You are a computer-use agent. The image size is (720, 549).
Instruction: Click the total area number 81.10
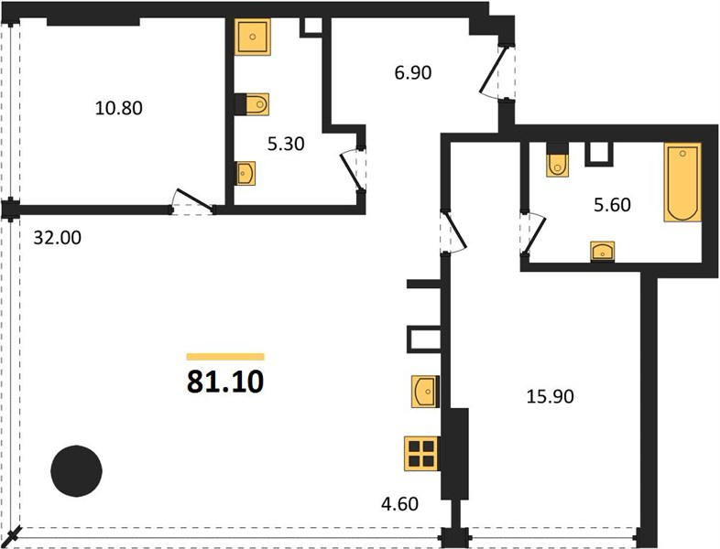pyautogui.click(x=225, y=382)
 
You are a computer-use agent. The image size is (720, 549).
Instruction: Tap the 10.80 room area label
pyautogui.click(x=118, y=108)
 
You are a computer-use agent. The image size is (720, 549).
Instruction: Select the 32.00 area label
pyautogui.click(x=58, y=238)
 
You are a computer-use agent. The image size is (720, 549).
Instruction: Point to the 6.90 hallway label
pyautogui.click(x=413, y=72)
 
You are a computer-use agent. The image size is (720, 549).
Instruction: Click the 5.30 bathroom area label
pyautogui.click(x=286, y=144)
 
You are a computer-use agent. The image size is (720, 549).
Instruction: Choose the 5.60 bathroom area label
pyautogui.click(x=612, y=205)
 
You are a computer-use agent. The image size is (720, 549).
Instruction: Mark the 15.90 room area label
pyautogui.click(x=550, y=396)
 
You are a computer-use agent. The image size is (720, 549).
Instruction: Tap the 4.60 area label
pyautogui.click(x=399, y=504)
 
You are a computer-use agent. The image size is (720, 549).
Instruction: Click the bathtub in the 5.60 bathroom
pyautogui.click(x=682, y=182)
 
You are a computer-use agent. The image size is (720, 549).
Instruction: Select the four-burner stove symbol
pyautogui.click(x=421, y=453)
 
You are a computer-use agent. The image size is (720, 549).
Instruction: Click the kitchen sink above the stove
pyautogui.click(x=425, y=392)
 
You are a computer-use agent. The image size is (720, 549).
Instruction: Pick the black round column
pyautogui.click(x=76, y=470)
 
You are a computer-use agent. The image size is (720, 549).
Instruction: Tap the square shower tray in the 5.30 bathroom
pyautogui.click(x=252, y=37)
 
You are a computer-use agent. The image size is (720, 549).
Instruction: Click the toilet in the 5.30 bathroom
pyautogui.click(x=252, y=104)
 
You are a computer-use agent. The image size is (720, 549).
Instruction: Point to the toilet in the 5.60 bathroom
pyautogui.click(x=557, y=159)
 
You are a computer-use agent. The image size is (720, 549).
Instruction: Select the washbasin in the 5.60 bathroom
pyautogui.click(x=603, y=252)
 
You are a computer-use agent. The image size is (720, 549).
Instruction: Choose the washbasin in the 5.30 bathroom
pyautogui.click(x=245, y=173)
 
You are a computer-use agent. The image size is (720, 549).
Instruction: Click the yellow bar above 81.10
pyautogui.click(x=225, y=357)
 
